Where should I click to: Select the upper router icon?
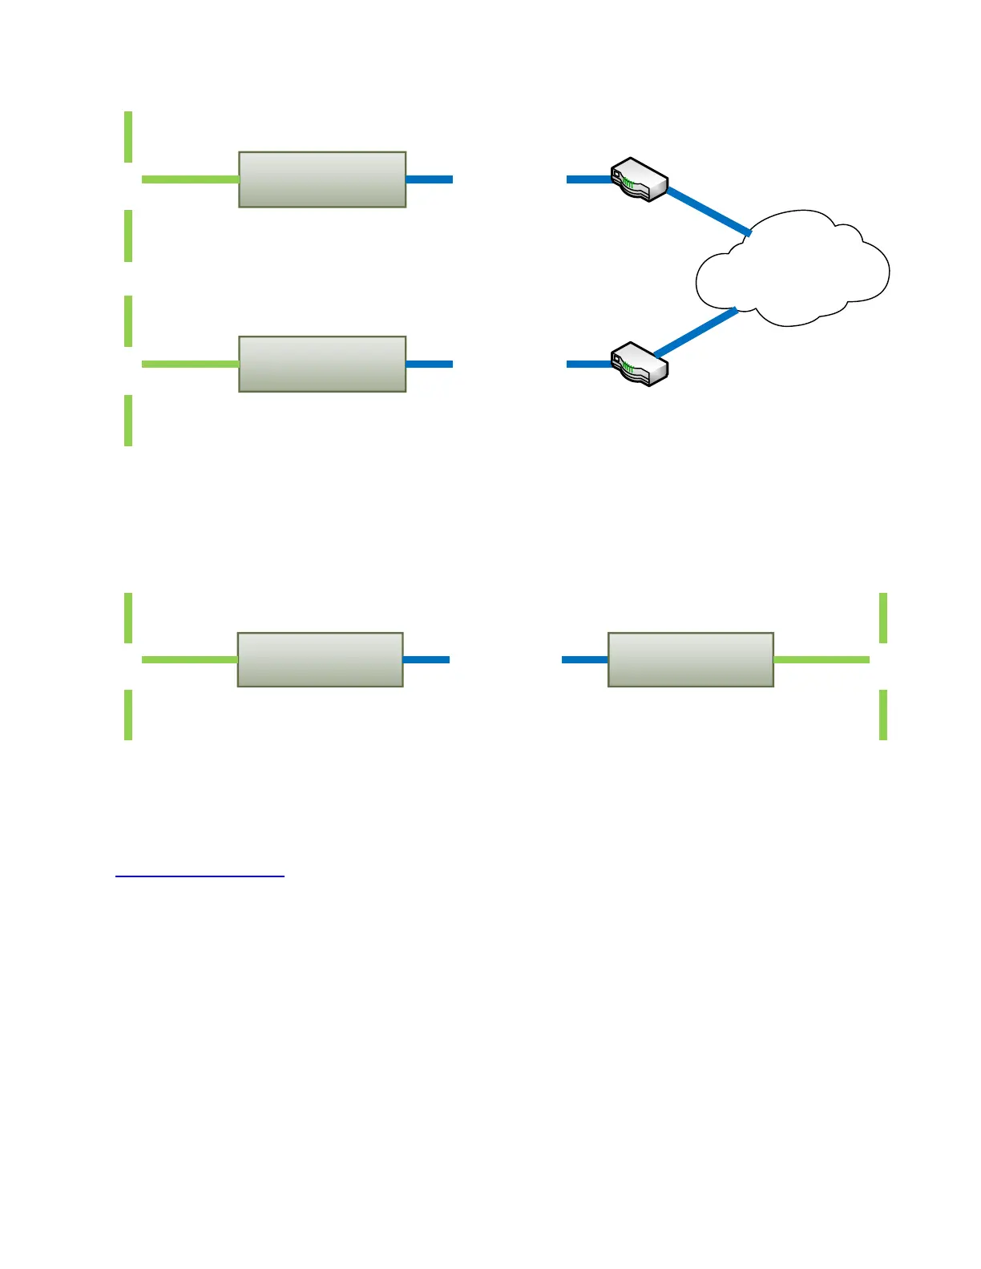(x=639, y=179)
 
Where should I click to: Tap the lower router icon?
(x=639, y=364)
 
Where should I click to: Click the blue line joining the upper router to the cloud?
(x=708, y=211)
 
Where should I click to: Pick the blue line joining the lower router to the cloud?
(x=696, y=332)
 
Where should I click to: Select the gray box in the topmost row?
(x=322, y=179)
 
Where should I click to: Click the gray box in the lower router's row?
(x=322, y=364)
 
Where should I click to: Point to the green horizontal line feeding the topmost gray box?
(x=190, y=179)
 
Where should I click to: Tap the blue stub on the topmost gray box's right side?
(x=430, y=179)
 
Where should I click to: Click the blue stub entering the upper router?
(x=589, y=179)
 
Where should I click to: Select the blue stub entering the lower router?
(x=589, y=364)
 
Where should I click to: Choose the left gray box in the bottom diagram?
(x=320, y=659)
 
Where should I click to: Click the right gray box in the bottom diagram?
(x=691, y=659)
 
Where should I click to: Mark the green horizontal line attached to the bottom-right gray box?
(x=822, y=659)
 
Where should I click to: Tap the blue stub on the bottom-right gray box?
(x=585, y=659)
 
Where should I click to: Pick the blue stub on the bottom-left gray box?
(x=426, y=659)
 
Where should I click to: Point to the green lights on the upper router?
(x=628, y=185)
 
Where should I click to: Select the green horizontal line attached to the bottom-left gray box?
(x=190, y=659)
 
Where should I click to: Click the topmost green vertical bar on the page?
(x=128, y=137)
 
